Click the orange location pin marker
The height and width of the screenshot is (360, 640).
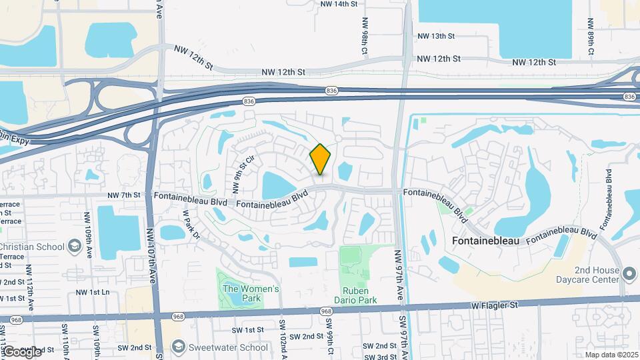(321, 159)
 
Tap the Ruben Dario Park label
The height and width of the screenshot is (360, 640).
(360, 295)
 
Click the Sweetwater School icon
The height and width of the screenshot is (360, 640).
(178, 347)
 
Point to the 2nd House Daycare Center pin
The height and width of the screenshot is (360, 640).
(629, 273)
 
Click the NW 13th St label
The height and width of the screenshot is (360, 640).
(436, 36)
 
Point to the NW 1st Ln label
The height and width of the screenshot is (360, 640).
(93, 293)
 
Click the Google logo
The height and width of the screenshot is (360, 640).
(21, 351)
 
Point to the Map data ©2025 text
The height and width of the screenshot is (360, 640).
(611, 355)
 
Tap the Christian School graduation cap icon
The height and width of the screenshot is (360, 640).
(75, 247)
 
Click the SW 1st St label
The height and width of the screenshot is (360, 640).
(248, 330)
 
